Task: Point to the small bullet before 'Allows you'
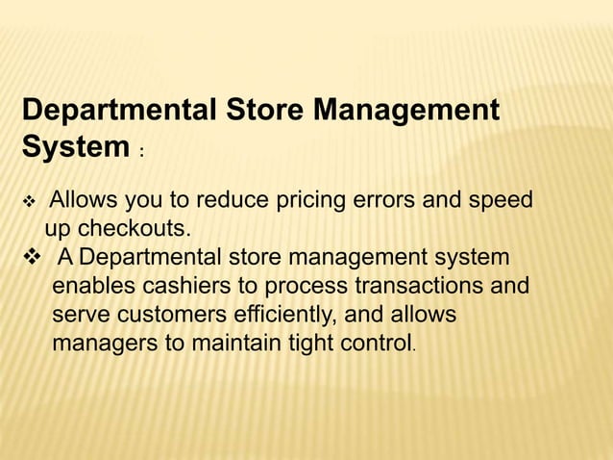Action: [x=28, y=204]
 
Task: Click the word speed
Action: [x=501, y=203]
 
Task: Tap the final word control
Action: [x=372, y=343]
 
